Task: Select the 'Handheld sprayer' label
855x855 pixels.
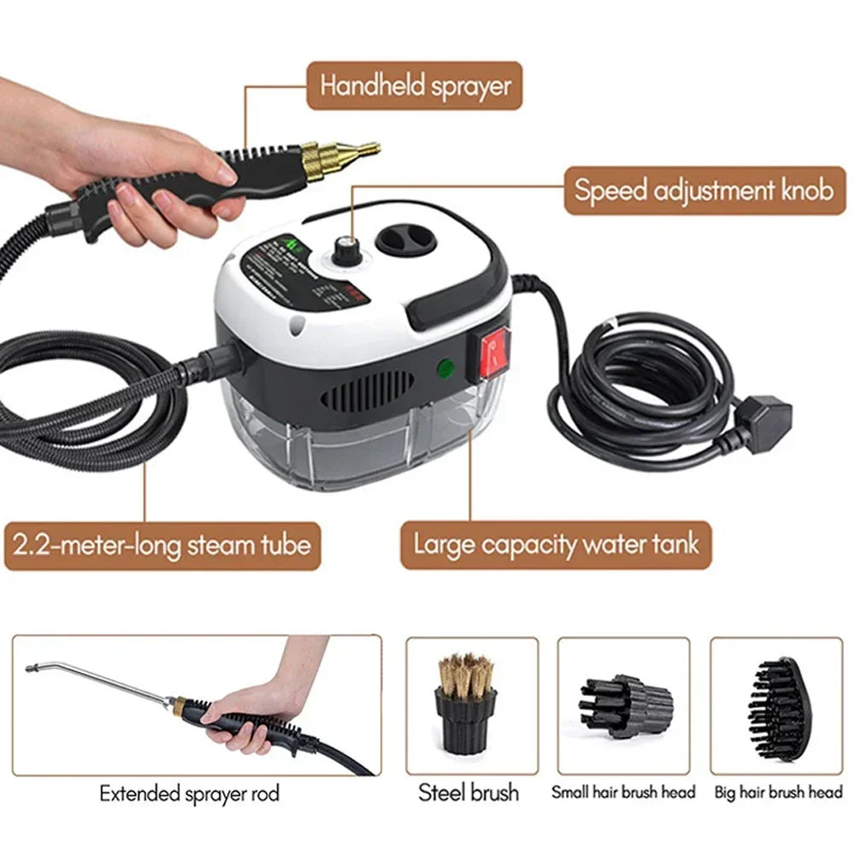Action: coord(415,85)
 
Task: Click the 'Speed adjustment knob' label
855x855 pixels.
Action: coord(704,190)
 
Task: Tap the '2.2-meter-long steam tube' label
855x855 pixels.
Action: coord(161,545)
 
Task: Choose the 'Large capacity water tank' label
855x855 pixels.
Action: coord(556,545)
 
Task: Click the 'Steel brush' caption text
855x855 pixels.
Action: coord(469,793)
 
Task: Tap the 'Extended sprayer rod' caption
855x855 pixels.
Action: coord(189,793)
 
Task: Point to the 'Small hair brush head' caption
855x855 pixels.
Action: coord(623,793)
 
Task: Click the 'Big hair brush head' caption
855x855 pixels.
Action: coord(777,793)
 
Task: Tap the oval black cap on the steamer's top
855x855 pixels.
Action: coord(406,240)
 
